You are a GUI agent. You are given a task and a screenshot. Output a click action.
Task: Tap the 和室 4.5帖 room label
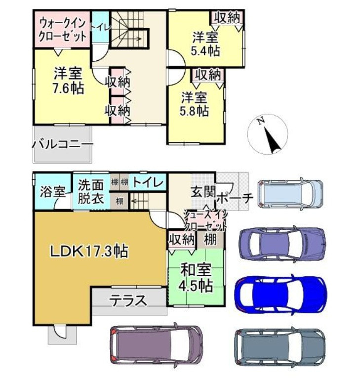point(196,278)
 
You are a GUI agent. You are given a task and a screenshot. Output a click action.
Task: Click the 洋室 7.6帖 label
point(68,80)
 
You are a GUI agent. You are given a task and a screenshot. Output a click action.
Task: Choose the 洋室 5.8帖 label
point(195,104)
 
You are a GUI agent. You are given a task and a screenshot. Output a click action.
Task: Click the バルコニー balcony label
point(63,144)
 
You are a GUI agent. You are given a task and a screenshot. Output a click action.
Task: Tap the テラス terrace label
point(128,300)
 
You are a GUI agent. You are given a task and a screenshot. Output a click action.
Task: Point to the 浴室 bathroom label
point(53,192)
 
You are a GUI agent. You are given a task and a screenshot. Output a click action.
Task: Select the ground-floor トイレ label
point(148,182)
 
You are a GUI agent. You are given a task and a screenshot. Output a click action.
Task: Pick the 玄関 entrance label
point(203,192)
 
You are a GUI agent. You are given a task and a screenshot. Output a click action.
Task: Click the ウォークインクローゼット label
point(63,30)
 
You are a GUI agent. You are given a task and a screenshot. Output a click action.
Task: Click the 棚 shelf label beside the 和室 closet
point(210,239)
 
